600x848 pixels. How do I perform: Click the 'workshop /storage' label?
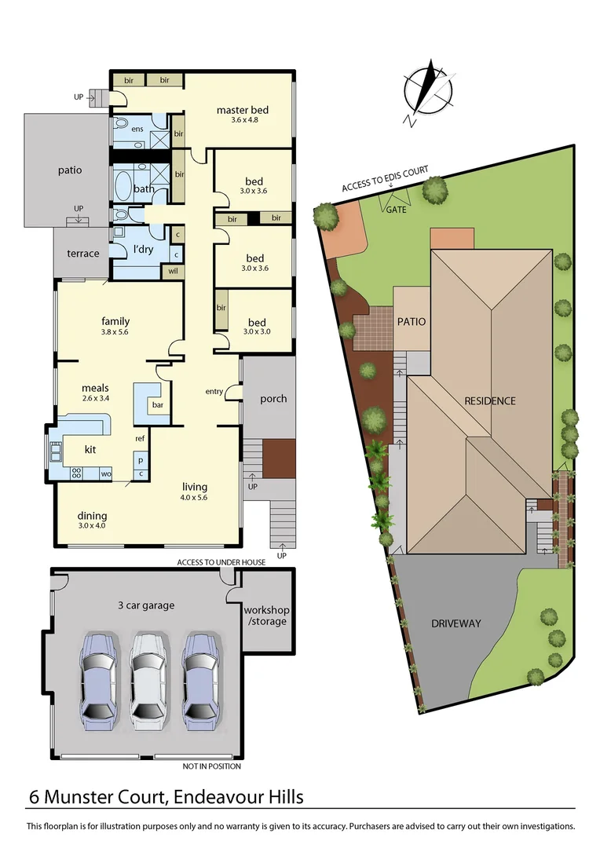click(x=265, y=616)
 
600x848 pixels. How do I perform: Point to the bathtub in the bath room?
click(x=124, y=188)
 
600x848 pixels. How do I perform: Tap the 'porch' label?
click(x=273, y=398)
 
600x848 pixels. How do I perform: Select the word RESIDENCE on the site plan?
click(x=490, y=400)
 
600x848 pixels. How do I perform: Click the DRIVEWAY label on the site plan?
click(x=455, y=623)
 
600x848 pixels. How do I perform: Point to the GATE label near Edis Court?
click(x=397, y=210)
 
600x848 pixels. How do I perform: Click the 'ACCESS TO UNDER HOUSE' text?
click(x=221, y=562)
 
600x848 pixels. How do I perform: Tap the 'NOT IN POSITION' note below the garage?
click(x=212, y=766)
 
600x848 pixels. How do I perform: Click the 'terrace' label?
click(x=82, y=253)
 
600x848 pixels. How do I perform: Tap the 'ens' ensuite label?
click(x=137, y=129)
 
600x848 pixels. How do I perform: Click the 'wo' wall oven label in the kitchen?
click(x=104, y=473)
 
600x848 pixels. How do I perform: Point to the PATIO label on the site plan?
click(x=411, y=321)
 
